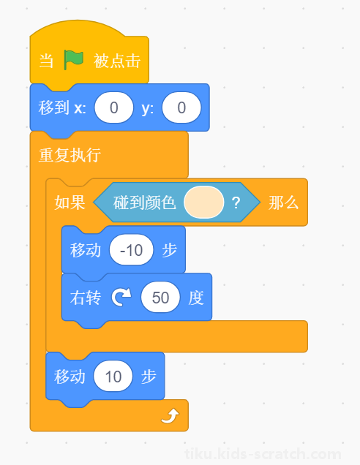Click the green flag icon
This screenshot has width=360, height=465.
73,60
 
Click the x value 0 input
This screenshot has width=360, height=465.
114,107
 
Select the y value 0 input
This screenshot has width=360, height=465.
181,107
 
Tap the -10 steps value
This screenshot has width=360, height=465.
132,250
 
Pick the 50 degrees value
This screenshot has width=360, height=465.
160,297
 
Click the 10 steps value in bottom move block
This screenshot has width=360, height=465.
113,376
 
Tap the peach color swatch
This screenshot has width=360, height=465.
204,203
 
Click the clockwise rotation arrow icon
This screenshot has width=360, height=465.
121,297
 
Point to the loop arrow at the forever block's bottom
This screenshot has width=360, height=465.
170,416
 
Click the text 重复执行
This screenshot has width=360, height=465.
70,155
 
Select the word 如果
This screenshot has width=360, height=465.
70,203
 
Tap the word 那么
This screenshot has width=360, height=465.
283,203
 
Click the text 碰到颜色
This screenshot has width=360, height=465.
145,203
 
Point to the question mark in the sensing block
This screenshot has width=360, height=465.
236,203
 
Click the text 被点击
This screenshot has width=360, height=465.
117,61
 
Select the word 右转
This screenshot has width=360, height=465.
86,298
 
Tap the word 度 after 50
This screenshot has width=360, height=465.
196,298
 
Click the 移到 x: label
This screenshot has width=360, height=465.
62,107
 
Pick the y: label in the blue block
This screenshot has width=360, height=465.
148,108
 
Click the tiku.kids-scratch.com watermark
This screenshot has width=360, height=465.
263,454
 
